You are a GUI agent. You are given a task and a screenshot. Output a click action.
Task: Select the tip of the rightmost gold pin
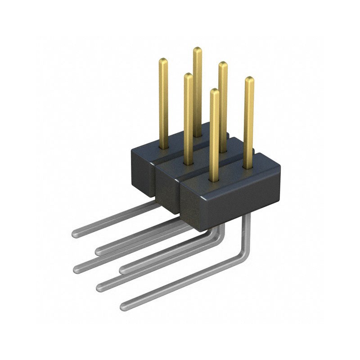(x=249, y=79)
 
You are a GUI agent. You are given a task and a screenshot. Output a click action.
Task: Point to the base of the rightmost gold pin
(x=248, y=166)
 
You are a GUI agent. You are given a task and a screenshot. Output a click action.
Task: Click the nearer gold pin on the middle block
(x=189, y=117)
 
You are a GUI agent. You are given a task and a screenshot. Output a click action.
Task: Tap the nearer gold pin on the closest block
(x=215, y=135)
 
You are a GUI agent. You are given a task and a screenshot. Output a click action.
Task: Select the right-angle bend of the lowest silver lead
(x=243, y=256)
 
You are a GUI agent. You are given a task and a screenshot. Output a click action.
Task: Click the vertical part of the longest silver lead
(x=246, y=234)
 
